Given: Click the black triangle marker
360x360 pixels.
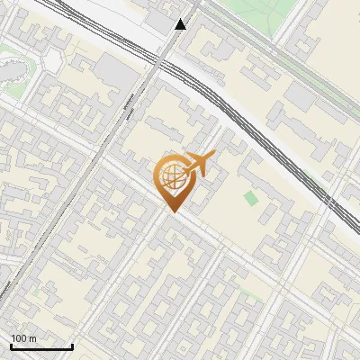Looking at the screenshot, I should (181, 24).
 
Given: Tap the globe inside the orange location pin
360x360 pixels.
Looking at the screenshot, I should (170, 177).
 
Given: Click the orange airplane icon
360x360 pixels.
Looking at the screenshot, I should (197, 165).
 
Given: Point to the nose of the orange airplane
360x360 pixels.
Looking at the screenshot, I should (212, 156).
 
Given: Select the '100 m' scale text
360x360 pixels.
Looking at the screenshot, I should (24, 338).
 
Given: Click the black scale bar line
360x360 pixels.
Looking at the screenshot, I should (41, 346).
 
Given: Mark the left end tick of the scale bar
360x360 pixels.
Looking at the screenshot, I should (11, 345).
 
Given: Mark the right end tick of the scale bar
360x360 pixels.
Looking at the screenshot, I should (72, 345).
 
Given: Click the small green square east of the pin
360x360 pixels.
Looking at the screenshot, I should (249, 197).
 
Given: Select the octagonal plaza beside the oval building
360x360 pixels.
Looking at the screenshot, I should (52, 58).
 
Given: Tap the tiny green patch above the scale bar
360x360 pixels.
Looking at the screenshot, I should (36, 292).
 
